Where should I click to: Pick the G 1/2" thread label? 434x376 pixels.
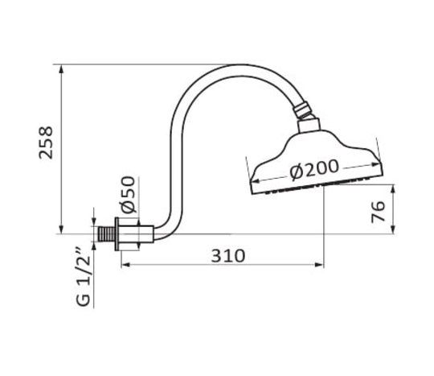tap(80, 278)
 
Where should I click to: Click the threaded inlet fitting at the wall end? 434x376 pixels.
tap(104, 235)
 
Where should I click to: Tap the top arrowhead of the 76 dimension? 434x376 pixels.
tap(393, 189)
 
